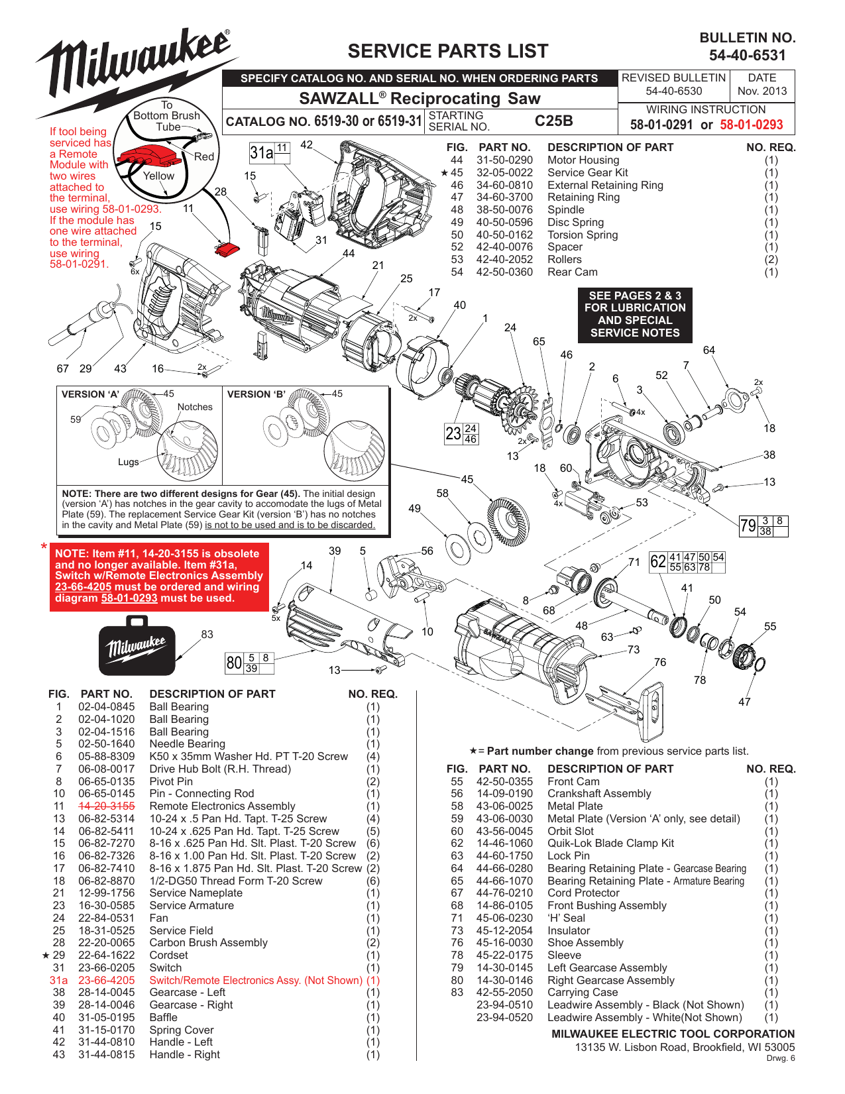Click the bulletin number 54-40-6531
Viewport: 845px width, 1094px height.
[747, 56]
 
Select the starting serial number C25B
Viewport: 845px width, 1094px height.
[553, 121]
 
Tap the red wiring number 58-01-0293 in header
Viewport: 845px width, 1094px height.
[751, 125]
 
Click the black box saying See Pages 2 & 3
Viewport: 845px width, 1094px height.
[634, 314]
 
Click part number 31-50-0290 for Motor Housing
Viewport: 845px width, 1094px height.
[504, 160]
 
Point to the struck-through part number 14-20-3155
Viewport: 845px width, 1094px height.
[106, 806]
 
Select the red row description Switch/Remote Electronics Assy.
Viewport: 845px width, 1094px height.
[255, 980]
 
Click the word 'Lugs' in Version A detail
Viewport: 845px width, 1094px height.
[128, 462]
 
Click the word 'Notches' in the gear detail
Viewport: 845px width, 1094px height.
[195, 407]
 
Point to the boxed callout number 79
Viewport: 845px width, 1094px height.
[748, 526]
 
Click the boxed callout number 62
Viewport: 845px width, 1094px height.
[657, 562]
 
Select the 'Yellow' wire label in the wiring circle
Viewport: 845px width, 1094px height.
[158, 176]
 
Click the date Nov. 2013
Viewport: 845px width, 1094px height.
[761, 91]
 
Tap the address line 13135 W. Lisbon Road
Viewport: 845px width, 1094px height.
[684, 1047]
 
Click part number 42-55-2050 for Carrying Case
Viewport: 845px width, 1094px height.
[504, 993]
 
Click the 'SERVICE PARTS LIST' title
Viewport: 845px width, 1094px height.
[448, 51]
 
